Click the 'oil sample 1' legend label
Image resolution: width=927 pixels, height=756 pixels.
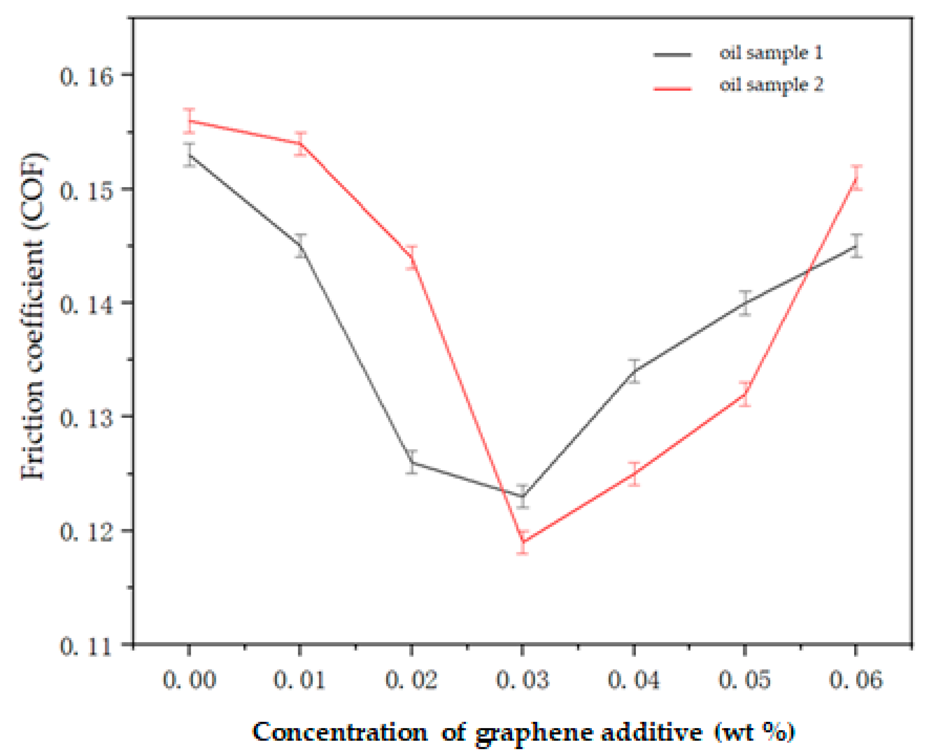click(771, 53)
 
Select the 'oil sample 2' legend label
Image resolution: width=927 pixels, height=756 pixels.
click(771, 85)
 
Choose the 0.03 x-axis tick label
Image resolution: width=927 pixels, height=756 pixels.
click(522, 680)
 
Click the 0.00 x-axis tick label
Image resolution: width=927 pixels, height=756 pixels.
click(189, 680)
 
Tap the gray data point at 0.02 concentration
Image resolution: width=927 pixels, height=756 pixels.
click(412, 462)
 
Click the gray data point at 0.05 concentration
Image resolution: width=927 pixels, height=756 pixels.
click(745, 303)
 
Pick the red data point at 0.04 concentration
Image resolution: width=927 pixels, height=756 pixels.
click(634, 474)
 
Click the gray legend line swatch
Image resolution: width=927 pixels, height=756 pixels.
click(672, 55)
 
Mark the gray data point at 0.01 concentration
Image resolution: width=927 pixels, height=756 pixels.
click(300, 245)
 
